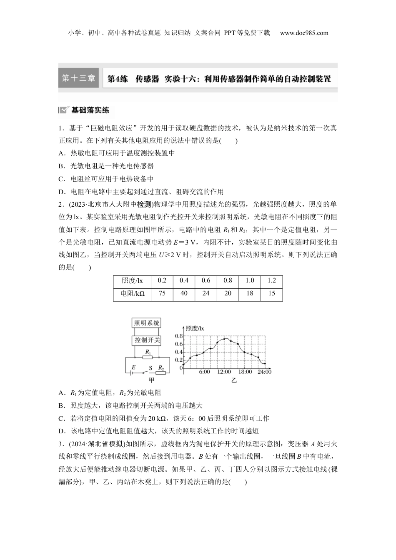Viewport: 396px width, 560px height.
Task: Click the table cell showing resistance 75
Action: click(x=162, y=294)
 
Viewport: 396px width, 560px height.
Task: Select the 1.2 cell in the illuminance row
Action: click(x=272, y=281)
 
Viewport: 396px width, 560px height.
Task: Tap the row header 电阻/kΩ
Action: click(x=132, y=294)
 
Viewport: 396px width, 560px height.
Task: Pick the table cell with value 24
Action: click(x=206, y=294)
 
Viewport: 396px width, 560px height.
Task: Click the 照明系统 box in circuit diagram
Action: click(x=146, y=323)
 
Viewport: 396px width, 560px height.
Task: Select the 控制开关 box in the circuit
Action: click(x=147, y=340)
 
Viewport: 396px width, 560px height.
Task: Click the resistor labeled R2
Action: click(x=161, y=372)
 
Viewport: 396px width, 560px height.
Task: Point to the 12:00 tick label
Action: click(x=224, y=372)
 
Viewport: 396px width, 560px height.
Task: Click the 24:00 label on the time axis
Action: click(x=264, y=372)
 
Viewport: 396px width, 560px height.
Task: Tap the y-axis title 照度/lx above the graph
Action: click(x=195, y=328)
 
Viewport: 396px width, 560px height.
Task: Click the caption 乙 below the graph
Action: click(x=234, y=380)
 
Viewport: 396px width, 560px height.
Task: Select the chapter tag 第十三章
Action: click(x=78, y=78)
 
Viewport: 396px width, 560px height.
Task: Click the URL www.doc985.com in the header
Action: click(x=304, y=33)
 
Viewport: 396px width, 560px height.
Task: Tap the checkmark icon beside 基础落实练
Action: click(x=63, y=110)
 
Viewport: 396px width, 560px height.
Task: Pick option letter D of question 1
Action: click(x=61, y=192)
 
